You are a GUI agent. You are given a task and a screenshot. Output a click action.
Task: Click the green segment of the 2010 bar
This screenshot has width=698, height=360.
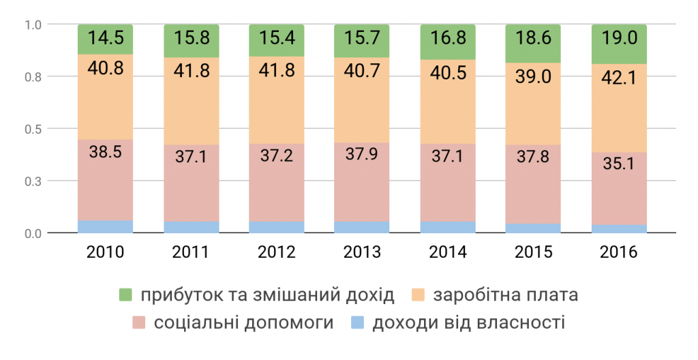pos(106,40)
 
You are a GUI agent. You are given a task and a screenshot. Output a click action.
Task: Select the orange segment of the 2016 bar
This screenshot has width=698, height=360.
pos(619,108)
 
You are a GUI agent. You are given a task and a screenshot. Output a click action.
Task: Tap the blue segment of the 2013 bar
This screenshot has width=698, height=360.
pos(362,227)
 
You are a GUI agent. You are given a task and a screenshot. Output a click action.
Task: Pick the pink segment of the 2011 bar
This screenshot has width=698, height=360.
pos(192,183)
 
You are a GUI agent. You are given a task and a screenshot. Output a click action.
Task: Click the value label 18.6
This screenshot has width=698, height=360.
pos(533,38)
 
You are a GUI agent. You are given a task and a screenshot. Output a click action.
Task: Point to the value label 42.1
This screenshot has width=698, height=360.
pos(619,78)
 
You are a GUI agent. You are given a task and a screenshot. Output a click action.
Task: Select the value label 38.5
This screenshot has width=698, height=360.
pos(106,152)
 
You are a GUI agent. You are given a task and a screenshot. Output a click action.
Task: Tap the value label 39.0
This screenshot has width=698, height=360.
pos(533,76)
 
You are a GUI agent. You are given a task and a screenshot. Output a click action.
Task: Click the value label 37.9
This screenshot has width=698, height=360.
pos(361,153)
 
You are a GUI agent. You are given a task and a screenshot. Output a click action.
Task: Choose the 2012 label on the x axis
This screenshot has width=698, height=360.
pos(277,252)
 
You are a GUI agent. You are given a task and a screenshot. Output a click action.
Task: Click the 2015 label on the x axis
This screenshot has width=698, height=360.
pos(533,252)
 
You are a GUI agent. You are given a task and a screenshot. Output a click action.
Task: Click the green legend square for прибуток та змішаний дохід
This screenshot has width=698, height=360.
pos(125,295)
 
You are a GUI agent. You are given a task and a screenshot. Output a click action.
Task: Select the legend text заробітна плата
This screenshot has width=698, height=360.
pos(506,295)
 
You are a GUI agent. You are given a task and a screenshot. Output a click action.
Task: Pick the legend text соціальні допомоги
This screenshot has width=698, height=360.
pos(243,322)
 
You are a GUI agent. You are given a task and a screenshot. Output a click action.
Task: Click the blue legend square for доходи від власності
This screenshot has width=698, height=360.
pos(357,322)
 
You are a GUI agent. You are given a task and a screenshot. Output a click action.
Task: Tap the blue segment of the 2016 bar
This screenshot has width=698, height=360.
pos(619,229)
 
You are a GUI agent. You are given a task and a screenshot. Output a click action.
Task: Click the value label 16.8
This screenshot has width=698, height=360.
pos(448,38)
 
